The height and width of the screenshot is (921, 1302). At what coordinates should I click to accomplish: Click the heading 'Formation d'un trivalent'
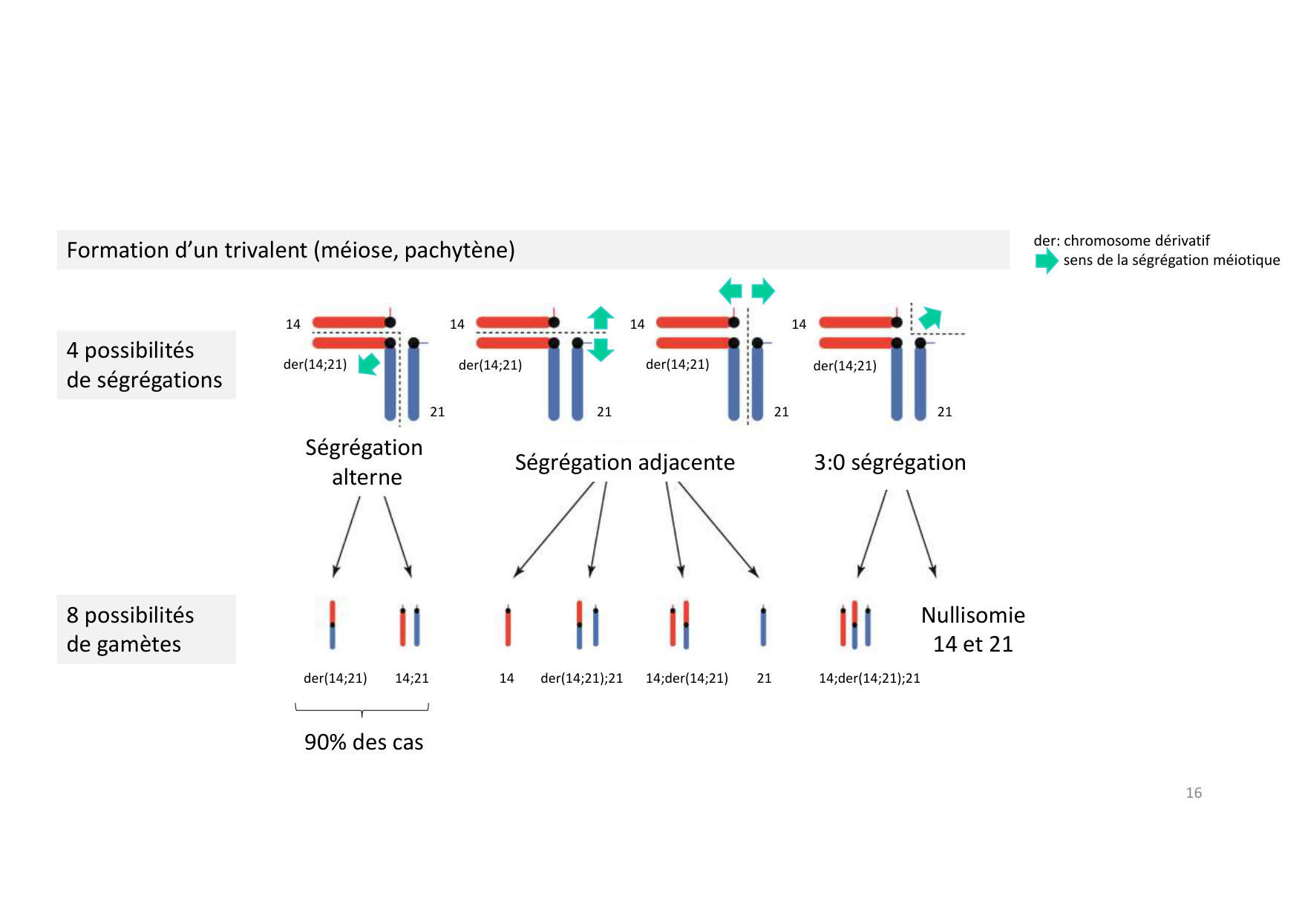(290, 250)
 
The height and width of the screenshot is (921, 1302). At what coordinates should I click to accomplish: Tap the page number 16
(1193, 793)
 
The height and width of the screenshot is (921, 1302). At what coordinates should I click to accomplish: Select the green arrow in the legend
(1046, 260)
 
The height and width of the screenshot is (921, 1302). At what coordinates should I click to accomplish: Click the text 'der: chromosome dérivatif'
(1121, 240)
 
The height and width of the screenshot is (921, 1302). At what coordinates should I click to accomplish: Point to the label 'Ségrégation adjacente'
(624, 462)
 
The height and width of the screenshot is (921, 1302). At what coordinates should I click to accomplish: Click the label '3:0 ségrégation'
(889, 462)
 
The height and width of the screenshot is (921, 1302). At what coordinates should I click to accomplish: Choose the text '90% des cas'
(364, 742)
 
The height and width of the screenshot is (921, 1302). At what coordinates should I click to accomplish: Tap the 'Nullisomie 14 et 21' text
(972, 629)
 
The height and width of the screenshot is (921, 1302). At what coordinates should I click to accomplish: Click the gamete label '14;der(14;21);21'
(868, 678)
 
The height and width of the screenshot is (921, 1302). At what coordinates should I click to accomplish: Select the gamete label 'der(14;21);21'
(581, 678)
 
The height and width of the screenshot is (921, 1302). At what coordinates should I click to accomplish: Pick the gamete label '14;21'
(411, 678)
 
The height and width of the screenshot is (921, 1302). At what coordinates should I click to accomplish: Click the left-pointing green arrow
(730, 290)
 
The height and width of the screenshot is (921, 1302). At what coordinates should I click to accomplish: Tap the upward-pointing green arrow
(601, 317)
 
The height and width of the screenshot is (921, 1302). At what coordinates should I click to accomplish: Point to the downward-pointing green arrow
(601, 350)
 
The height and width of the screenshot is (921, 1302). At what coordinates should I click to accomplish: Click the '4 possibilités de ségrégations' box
(145, 365)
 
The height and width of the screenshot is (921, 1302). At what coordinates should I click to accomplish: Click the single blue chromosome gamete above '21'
(763, 626)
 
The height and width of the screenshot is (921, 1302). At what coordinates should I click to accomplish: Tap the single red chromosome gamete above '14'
(508, 626)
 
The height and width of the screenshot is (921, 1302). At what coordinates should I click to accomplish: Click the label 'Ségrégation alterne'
(364, 462)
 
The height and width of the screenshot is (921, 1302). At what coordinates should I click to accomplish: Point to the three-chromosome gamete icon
(854, 625)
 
